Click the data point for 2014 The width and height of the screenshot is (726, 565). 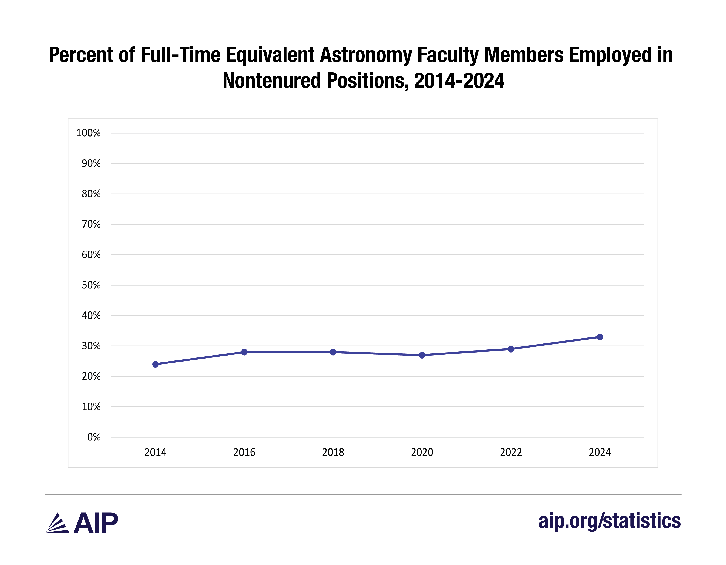point(155,364)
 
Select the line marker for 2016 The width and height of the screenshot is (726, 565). point(244,352)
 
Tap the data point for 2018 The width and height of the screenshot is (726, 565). point(333,352)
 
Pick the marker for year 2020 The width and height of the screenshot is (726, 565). point(422,355)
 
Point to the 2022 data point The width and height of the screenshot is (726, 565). point(511,349)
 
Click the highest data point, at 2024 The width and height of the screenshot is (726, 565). point(600,337)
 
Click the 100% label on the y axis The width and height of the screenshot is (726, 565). point(88,133)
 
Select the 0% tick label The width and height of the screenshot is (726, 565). point(94,437)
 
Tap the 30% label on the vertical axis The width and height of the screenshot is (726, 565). point(91,346)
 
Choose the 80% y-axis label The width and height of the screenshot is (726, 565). point(91,194)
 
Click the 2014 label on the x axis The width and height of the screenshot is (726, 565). point(155,452)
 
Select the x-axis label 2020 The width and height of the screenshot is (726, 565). point(422,452)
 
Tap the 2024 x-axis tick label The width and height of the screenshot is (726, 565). point(600,452)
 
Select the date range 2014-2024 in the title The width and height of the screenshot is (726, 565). point(459,81)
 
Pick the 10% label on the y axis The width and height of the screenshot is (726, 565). point(91,406)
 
